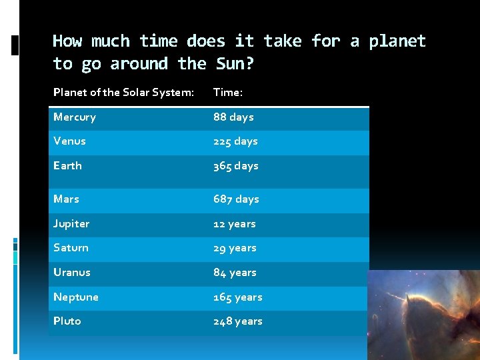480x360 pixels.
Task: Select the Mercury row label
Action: pyautogui.click(x=75, y=117)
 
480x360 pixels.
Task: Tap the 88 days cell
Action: pyautogui.click(x=233, y=117)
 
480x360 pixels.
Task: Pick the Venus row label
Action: pyautogui.click(x=69, y=141)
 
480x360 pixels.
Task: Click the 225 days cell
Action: pyautogui.click(x=235, y=141)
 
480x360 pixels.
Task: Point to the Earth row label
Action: pyautogui.click(x=67, y=166)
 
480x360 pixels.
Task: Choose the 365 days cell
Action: pyautogui.click(x=235, y=166)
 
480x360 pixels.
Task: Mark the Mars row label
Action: pyautogui.click(x=66, y=199)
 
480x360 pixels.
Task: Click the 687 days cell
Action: pyautogui.click(x=236, y=199)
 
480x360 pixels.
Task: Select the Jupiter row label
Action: pyautogui.click(x=71, y=224)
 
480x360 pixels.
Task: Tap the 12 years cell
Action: pyautogui.click(x=234, y=224)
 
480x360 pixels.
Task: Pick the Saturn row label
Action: pyautogui.click(x=71, y=248)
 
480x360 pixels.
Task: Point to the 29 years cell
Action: pyautogui.click(x=235, y=248)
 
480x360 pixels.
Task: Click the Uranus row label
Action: pyautogui.click(x=71, y=273)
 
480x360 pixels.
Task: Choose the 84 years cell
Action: pyautogui.click(x=235, y=273)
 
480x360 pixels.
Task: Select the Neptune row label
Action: pyautogui.click(x=76, y=297)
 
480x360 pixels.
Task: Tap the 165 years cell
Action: pyautogui.click(x=237, y=297)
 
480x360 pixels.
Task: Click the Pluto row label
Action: pyautogui.click(x=67, y=321)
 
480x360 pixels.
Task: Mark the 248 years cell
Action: pyautogui.click(x=237, y=321)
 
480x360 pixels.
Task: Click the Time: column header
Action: pyautogui.click(x=227, y=93)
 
